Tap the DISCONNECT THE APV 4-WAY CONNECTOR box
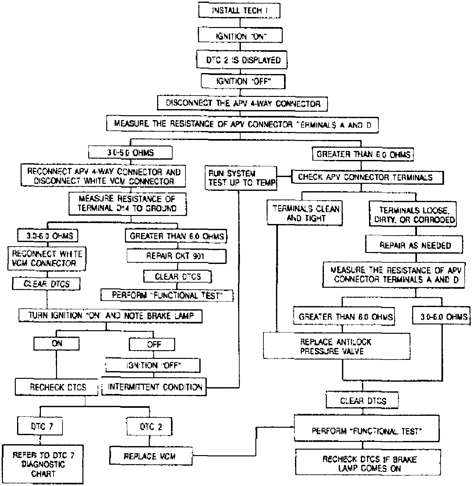[x=243, y=103]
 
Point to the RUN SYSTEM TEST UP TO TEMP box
[x=241, y=178]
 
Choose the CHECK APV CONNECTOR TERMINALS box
[x=367, y=177]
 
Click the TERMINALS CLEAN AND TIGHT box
[x=305, y=213]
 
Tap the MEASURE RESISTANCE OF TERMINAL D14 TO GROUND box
[x=128, y=203]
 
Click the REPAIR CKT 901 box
[x=176, y=256]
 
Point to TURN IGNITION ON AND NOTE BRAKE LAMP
[x=110, y=315]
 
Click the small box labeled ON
[x=57, y=343]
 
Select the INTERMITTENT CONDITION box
[x=154, y=387]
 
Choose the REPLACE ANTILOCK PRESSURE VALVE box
[x=337, y=346]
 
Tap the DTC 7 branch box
[x=40, y=427]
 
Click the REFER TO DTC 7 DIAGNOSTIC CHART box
[x=43, y=464]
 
